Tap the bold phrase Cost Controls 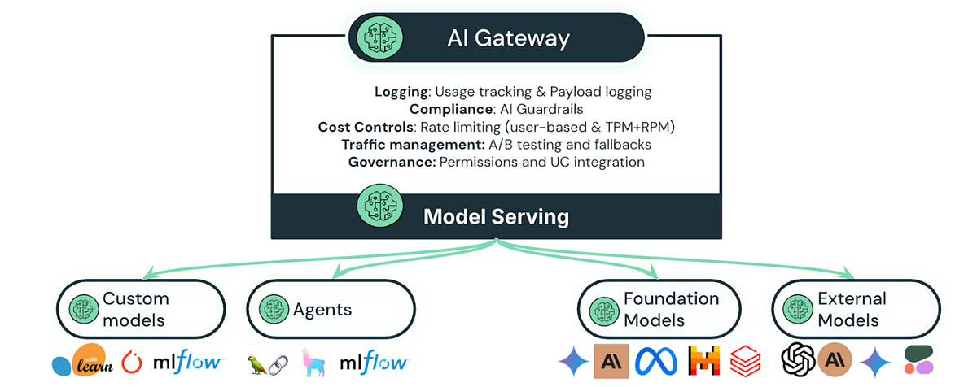click(x=366, y=127)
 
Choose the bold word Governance click(x=392, y=162)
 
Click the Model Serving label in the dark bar click(x=496, y=217)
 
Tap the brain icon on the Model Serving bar click(x=380, y=206)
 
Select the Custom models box click(x=140, y=310)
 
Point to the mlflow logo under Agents click(x=374, y=362)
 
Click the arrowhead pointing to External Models click(x=848, y=274)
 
